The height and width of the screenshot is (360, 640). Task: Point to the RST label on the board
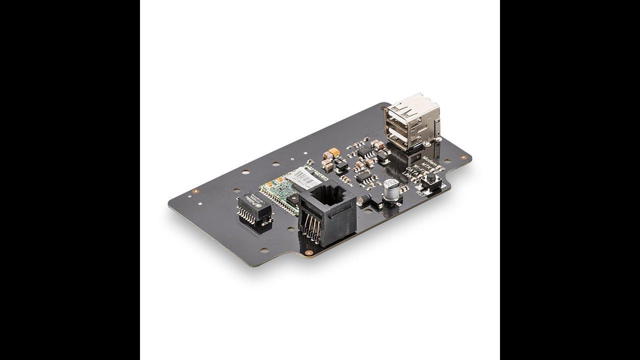click(420, 195)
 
